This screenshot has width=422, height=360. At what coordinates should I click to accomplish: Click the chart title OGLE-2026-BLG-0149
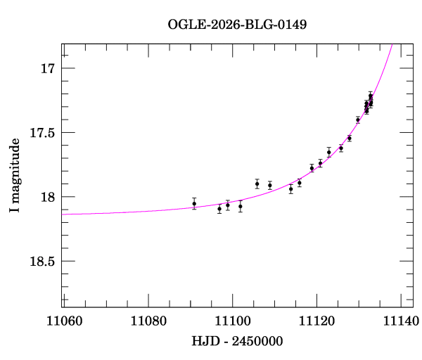coord(237,25)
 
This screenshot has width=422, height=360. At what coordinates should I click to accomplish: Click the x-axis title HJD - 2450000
coord(237,341)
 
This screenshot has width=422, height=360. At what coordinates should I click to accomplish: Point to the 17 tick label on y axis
coord(47,69)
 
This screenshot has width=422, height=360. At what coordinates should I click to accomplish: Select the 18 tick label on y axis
coord(47,198)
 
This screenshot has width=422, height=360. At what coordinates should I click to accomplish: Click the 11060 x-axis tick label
coord(63,321)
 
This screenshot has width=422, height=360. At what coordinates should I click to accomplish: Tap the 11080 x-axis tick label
coord(148,321)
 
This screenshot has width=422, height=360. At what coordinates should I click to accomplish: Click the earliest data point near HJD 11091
coord(194,203)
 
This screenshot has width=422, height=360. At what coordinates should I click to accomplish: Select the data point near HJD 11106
coord(257,184)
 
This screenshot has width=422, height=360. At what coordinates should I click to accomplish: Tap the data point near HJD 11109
coord(270,185)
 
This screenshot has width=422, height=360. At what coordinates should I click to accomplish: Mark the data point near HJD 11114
coord(291,188)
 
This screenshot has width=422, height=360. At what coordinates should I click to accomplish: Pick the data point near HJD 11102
coord(241,206)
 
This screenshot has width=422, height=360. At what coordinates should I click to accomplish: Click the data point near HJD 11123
coord(329,152)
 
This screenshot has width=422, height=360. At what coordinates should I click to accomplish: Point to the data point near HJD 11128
coord(350,138)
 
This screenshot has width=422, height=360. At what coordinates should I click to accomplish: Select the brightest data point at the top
coord(371,96)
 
